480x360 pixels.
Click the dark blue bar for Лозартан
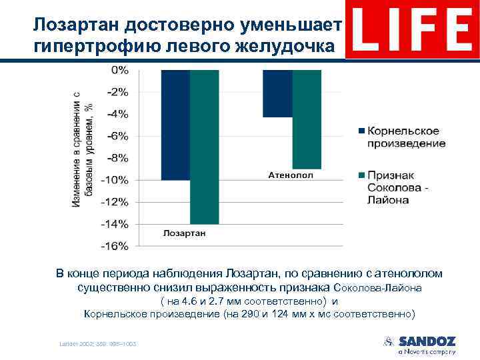[175, 125]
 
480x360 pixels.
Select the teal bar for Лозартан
[204, 147]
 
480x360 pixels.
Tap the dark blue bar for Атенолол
[277, 93]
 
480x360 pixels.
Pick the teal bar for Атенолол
[307, 119]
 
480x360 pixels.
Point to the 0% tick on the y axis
[120, 70]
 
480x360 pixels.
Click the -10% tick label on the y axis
[115, 180]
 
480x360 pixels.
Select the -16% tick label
[115, 246]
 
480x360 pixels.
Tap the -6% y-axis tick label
[117, 136]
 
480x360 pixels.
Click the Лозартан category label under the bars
[185, 233]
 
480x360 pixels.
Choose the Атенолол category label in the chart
[291, 175]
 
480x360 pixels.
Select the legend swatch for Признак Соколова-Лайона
[361, 175]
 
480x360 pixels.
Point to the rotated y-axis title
[83, 150]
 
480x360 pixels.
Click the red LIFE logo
[412, 30]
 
